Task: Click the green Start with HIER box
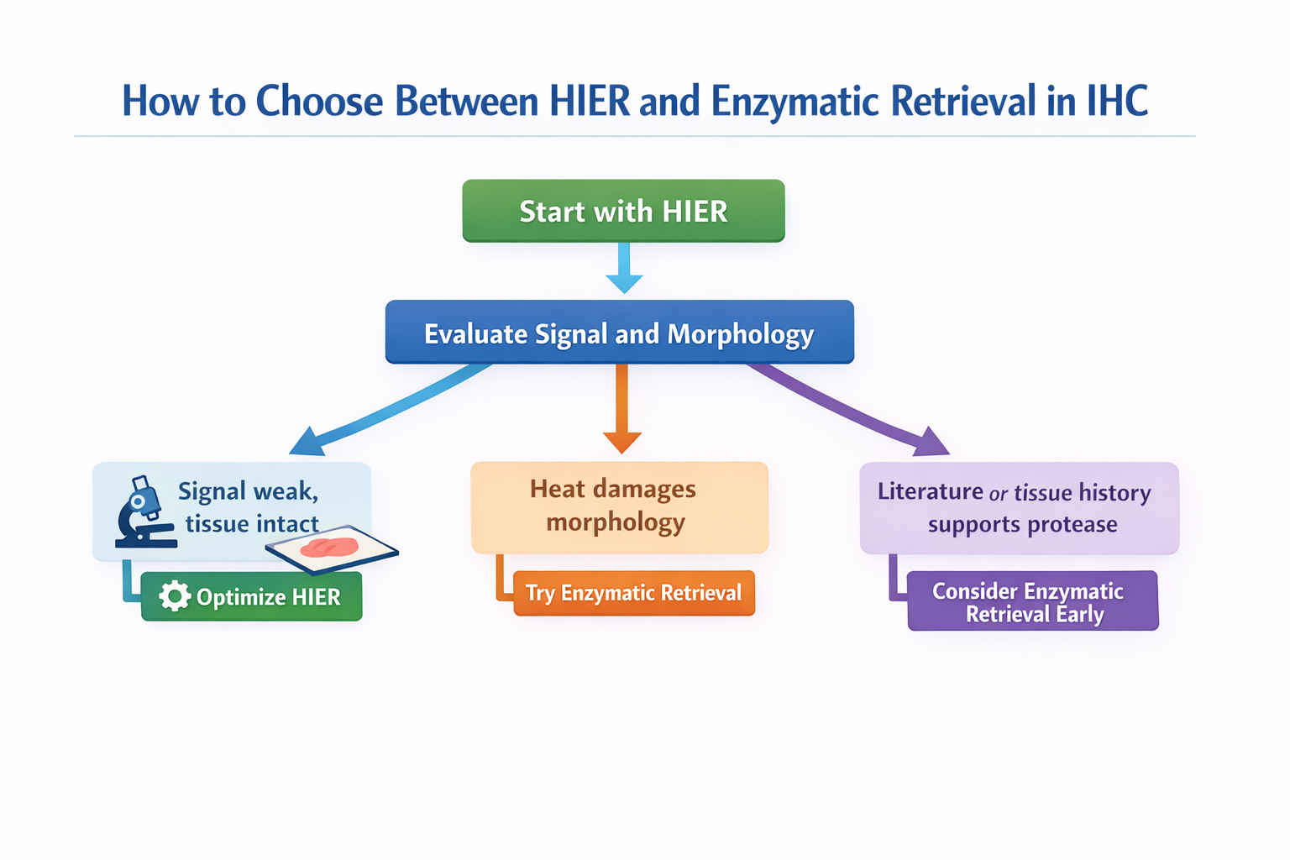click(x=623, y=211)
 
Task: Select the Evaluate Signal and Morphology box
click(x=619, y=333)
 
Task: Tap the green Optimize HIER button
click(x=252, y=597)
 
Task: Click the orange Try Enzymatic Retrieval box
click(x=634, y=593)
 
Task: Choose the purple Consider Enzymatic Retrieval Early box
click(x=1032, y=601)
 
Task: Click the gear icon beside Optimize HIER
click(x=175, y=595)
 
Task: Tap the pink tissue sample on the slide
click(x=330, y=547)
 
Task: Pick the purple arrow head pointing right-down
click(x=931, y=442)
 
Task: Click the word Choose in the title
click(x=320, y=102)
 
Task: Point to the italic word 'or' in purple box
click(x=998, y=494)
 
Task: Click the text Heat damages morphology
click(x=614, y=506)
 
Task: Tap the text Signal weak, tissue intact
click(x=249, y=507)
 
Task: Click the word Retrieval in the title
click(x=962, y=102)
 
